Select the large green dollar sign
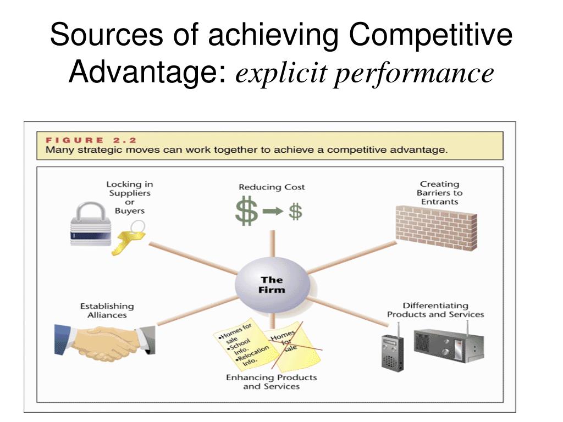pos(247,212)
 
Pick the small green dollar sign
pos(296,211)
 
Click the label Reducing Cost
pos(272,187)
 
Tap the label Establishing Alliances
pos(107,310)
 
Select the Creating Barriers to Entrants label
pos(439,193)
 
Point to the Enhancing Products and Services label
pos(272,382)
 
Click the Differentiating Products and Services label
pos(435,310)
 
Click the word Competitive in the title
pos(431,36)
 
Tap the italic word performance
pos(415,73)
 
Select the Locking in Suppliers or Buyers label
pos(129,197)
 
